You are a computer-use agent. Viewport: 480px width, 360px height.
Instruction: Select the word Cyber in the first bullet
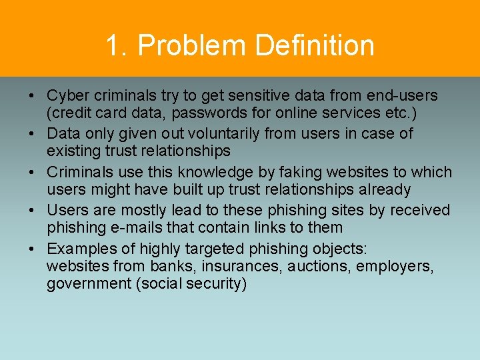[66, 96]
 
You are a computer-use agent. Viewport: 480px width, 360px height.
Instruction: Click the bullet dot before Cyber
[32, 97]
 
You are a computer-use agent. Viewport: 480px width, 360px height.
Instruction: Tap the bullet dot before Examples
[32, 249]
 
